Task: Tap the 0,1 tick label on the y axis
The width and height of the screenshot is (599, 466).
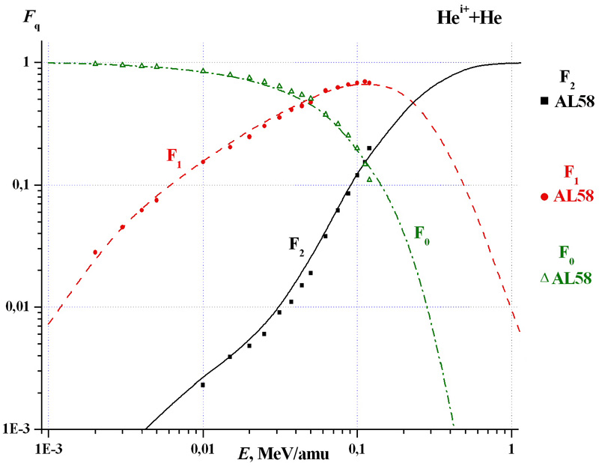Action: pyautogui.click(x=30, y=185)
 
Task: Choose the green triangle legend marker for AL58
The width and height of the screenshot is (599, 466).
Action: pyautogui.click(x=544, y=278)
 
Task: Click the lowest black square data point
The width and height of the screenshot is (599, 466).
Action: pyautogui.click(x=203, y=384)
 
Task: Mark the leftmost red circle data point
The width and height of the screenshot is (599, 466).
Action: pyautogui.click(x=95, y=252)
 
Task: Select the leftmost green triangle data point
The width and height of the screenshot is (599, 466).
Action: pyautogui.click(x=95, y=64)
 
